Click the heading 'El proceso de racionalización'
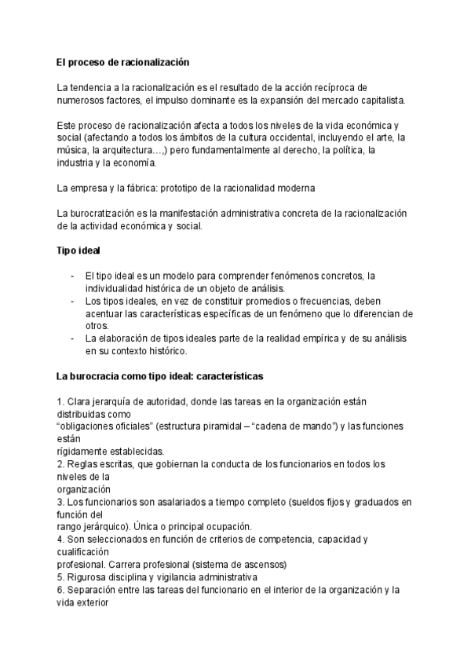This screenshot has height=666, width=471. pyautogui.click(x=122, y=61)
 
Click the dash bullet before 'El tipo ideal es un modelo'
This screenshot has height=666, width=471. pyautogui.click(x=72, y=276)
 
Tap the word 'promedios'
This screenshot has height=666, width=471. pyautogui.click(x=270, y=301)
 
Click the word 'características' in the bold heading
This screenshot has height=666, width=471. pyautogui.click(x=223, y=376)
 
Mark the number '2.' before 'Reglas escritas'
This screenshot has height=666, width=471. pyautogui.click(x=61, y=463)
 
